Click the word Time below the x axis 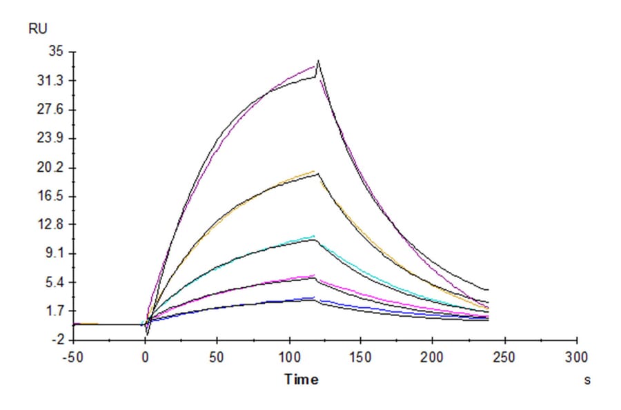pyautogui.click(x=302, y=380)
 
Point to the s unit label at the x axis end pyautogui.click(x=587, y=380)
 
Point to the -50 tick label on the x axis pyautogui.click(x=73, y=358)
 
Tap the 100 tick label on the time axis pyautogui.click(x=289, y=358)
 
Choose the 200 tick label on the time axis pyautogui.click(x=433, y=358)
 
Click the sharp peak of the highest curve pyautogui.click(x=319, y=61)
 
